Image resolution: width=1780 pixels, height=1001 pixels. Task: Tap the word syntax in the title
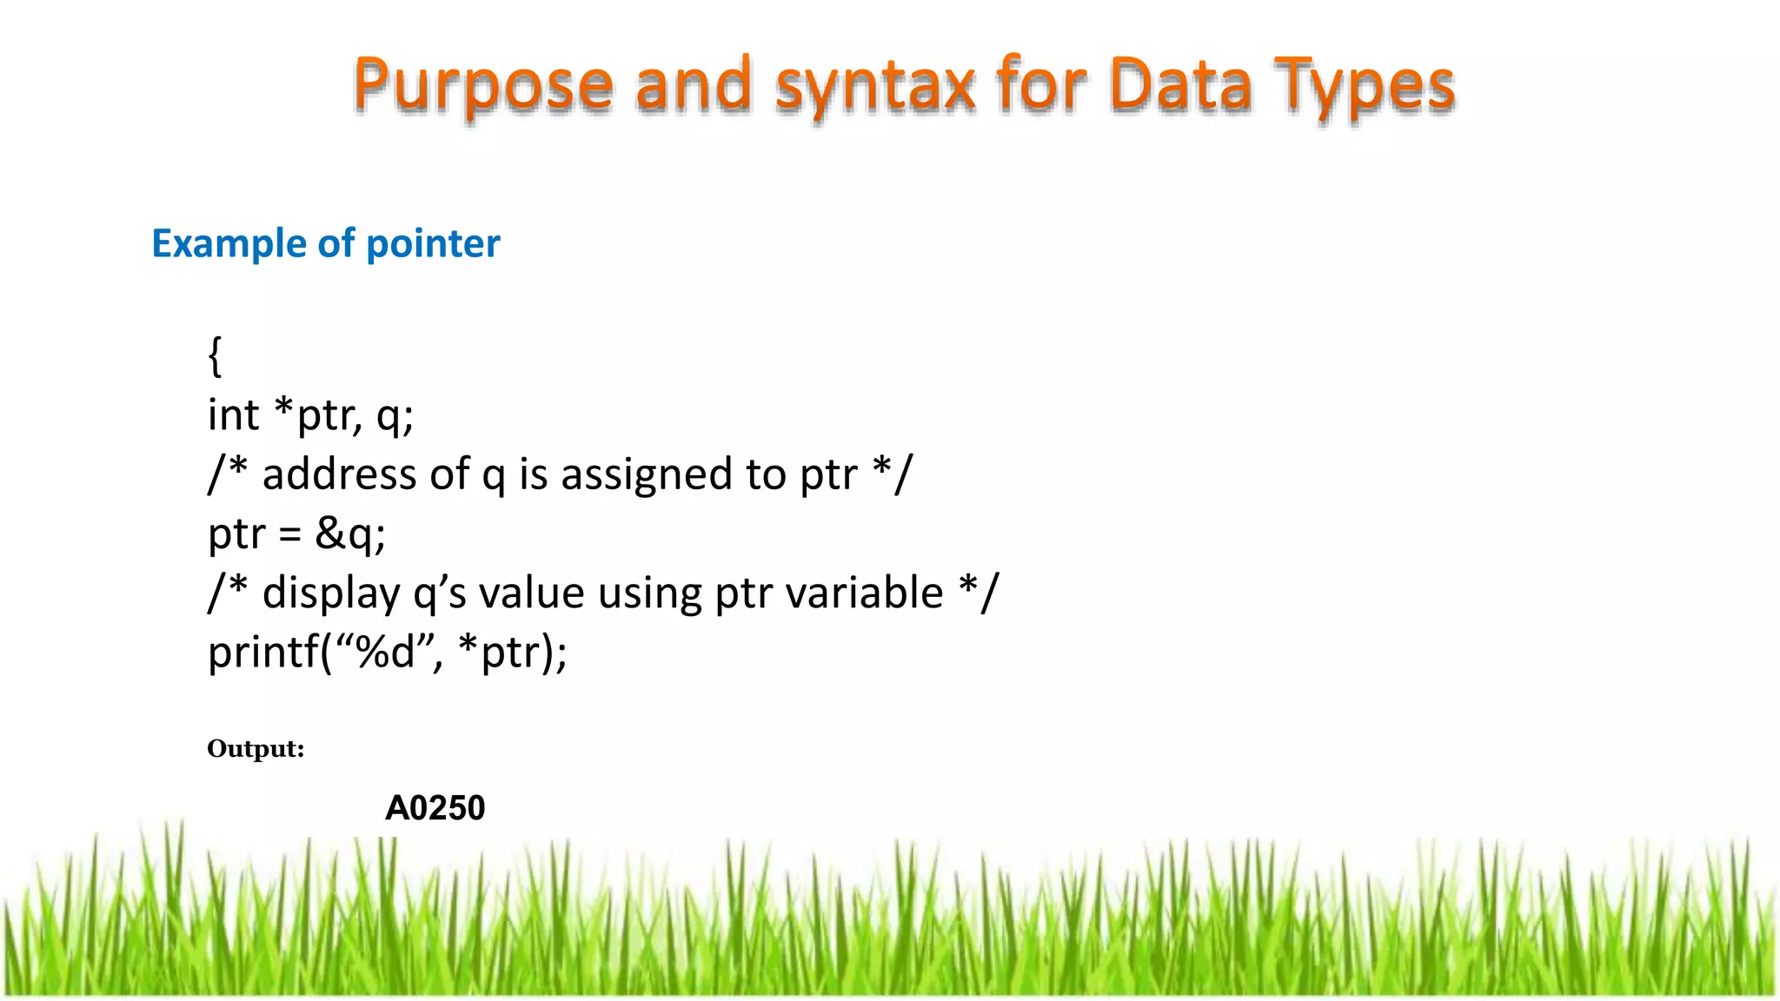pos(875,87)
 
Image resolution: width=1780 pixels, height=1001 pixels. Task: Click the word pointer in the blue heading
pos(433,244)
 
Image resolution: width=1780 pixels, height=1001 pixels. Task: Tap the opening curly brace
pos(215,356)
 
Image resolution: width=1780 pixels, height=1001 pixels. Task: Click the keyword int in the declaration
pos(233,415)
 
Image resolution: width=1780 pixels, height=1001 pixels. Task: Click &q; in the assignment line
pos(349,534)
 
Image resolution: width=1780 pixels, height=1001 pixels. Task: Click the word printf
pos(262,652)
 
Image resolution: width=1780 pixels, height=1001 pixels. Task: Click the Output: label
pos(256,749)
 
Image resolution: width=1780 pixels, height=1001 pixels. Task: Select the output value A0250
pos(435,808)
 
